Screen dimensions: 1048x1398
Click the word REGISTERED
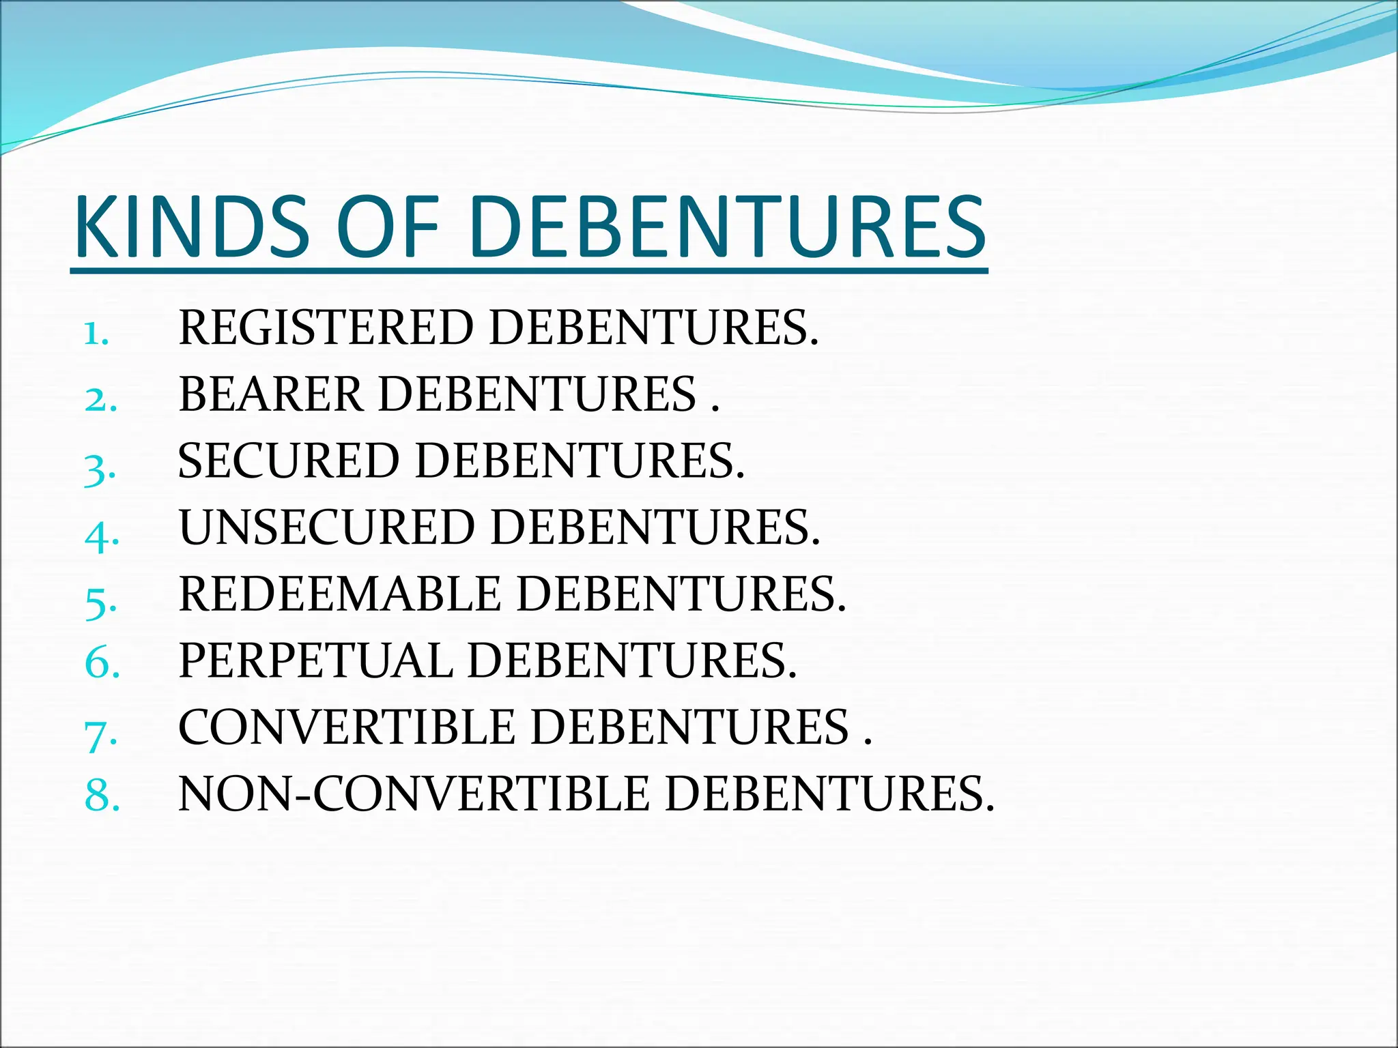tap(326, 328)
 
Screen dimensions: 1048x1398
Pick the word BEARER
tap(270, 394)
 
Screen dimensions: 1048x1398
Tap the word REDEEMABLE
tap(340, 594)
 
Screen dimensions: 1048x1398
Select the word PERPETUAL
tap(315, 660)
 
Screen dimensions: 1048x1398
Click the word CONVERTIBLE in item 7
tap(347, 727)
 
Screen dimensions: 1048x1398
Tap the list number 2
tap(100, 400)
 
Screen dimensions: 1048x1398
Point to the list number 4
tap(102, 535)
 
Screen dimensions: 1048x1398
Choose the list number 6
tap(102, 662)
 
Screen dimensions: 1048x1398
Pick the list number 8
tap(102, 796)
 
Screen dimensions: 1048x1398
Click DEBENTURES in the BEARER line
tap(537, 394)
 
